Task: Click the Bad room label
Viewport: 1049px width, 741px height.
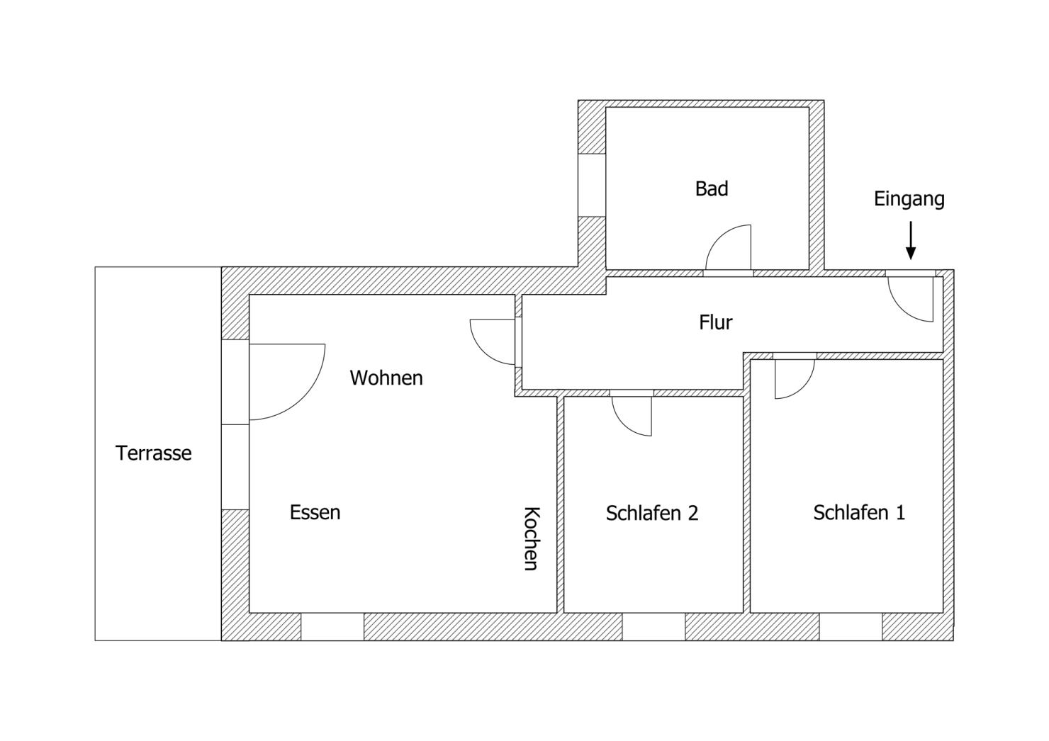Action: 712,188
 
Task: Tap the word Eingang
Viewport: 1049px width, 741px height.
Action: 909,199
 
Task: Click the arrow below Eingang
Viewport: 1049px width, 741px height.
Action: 910,241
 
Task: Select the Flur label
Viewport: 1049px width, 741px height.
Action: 715,322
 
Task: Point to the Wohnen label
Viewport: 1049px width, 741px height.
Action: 386,378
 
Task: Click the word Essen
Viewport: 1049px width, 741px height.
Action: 315,512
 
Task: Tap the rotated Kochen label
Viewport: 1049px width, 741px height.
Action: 532,538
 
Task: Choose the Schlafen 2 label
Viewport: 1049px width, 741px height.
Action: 652,513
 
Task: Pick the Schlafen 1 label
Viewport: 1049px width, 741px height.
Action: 859,513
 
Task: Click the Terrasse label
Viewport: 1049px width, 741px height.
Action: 154,453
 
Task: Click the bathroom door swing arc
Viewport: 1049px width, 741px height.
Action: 719,236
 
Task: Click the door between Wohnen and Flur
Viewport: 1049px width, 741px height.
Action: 483,352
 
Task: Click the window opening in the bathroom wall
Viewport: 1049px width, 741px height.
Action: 592,185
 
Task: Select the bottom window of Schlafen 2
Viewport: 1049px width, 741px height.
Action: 653,626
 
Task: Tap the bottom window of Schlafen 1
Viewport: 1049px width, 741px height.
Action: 851,626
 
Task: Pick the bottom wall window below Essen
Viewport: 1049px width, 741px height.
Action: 332,626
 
